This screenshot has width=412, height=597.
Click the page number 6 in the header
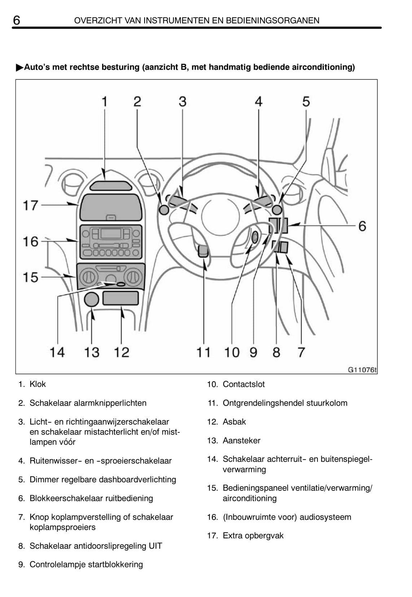[x=17, y=20]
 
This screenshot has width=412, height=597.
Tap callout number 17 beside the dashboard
[x=30, y=205]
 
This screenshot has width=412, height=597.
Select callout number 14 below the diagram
[x=57, y=352]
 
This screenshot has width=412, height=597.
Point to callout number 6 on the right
[x=362, y=226]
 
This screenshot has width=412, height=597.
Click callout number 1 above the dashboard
[x=105, y=101]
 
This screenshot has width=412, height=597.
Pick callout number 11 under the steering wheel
[x=203, y=352]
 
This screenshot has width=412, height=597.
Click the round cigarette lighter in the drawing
[x=91, y=299]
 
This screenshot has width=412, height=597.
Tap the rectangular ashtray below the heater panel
[x=120, y=298]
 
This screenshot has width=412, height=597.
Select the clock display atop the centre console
[x=111, y=186]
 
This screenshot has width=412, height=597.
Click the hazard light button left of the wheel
[x=164, y=210]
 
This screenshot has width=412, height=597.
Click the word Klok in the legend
[x=38, y=384]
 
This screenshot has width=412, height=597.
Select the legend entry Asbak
[x=234, y=422]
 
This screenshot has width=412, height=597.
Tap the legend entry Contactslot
[x=244, y=384]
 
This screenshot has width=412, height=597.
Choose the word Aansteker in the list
[x=242, y=440]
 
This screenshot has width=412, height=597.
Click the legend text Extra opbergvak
[x=253, y=535]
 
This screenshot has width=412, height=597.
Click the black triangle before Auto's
[x=20, y=67]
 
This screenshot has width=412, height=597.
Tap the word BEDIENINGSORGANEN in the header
[x=272, y=21]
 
